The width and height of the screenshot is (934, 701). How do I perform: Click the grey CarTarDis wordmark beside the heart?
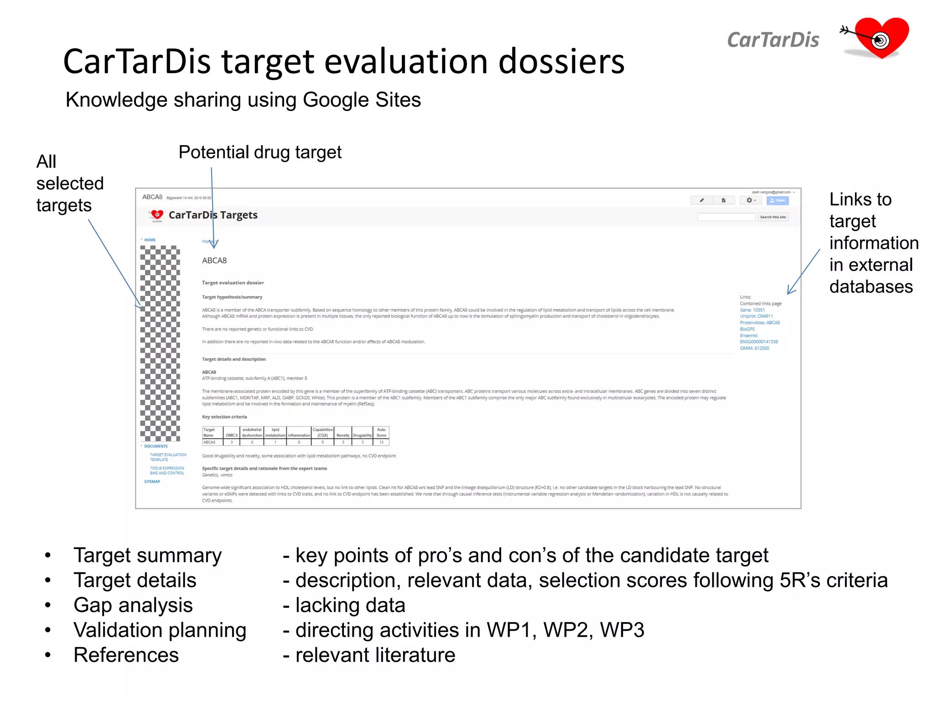coord(773,40)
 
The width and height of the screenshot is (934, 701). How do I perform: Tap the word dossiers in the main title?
coord(561,62)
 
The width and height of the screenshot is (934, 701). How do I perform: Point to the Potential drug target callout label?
coord(260,152)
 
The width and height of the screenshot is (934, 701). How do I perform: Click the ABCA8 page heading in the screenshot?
coord(214,261)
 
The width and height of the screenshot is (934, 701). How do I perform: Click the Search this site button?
coord(773,217)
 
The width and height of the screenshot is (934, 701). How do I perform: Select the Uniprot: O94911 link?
coord(756,316)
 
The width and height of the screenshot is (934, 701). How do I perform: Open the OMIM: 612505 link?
coord(754,348)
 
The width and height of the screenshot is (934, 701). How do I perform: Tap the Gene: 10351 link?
coord(752,310)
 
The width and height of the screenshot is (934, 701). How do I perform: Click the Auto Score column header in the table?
coord(381,433)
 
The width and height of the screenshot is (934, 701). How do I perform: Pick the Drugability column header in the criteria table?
coord(362,435)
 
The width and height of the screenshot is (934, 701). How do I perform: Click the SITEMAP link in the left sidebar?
coord(152,481)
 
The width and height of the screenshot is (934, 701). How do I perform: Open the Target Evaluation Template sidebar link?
coord(168,457)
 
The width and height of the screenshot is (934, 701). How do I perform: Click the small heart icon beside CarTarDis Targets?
coord(157,214)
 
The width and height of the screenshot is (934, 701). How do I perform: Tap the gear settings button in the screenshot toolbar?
coord(750,200)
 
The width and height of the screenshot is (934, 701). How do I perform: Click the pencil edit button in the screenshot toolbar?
coord(701,200)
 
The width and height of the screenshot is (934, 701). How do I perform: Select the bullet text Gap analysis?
coord(133,606)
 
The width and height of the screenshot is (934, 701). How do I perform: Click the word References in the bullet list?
coord(126,655)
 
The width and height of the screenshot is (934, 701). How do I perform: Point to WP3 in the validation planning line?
coord(622,630)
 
